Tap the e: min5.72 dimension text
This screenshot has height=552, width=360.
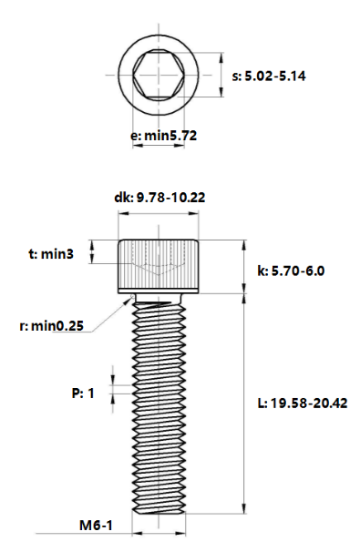pyautogui.click(x=165, y=135)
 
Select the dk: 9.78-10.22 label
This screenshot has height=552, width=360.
pyautogui.click(x=159, y=197)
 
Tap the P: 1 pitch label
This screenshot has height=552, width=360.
pyautogui.click(x=83, y=394)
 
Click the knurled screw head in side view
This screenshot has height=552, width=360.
pyautogui.click(x=159, y=264)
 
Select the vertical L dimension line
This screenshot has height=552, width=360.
pyautogui.click(x=243, y=405)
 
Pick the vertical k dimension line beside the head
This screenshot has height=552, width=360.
pyautogui.click(x=243, y=267)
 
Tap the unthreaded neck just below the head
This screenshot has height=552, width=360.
pyautogui.click(x=159, y=297)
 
